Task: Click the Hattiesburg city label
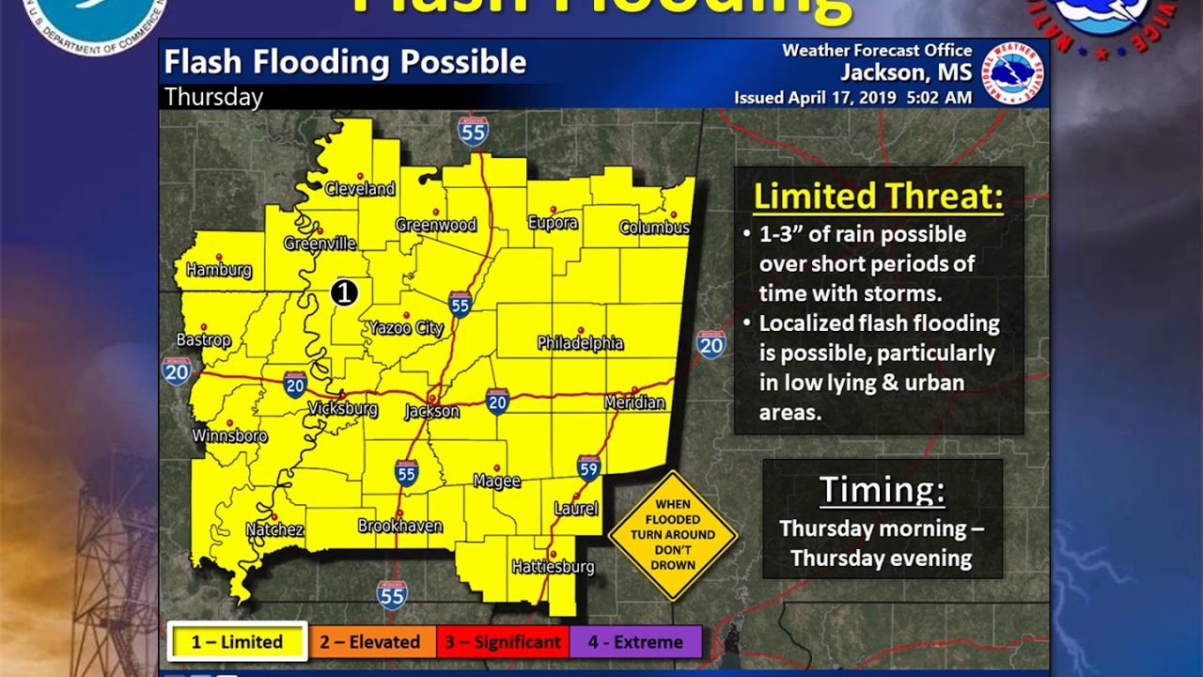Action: tap(553, 567)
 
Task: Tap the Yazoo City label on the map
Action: tap(405, 328)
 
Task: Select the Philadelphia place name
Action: tap(580, 343)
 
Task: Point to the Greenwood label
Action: tap(435, 225)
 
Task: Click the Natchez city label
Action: tap(274, 530)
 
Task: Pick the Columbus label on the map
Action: tap(654, 228)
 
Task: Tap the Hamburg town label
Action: tap(219, 271)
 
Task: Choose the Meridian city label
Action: tap(634, 402)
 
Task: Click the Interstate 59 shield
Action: tap(589, 467)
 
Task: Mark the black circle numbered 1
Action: tap(344, 293)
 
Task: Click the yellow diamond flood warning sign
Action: tap(673, 535)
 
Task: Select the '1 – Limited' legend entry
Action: tap(237, 642)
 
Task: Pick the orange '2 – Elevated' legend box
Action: tap(370, 642)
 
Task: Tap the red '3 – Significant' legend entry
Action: tap(503, 642)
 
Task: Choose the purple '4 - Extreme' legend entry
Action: tap(635, 642)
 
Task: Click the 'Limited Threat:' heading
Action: tap(878, 197)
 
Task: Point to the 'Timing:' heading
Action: tap(882, 490)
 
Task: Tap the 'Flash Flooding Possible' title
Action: tap(345, 62)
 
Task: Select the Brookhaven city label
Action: tap(399, 527)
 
